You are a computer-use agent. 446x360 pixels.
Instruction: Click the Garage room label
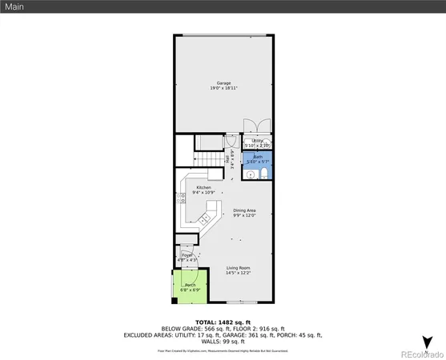pos(223,82)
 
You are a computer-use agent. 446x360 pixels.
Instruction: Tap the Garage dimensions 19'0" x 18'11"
pos(223,88)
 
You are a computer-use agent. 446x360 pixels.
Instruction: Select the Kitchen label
pos(203,187)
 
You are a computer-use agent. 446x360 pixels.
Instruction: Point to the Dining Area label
pos(244,210)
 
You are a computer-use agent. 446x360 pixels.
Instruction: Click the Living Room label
pos(238,267)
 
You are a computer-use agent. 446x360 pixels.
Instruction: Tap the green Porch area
pos(191,287)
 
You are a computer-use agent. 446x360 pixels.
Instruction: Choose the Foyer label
pos(186,254)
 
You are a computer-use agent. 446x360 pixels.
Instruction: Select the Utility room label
pos(258,140)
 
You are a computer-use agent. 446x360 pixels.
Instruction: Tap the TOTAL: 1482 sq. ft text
pos(223,322)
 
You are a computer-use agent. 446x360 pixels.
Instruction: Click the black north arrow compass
pos(428,341)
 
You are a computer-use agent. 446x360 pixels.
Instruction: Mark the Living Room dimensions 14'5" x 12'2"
pos(238,274)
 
